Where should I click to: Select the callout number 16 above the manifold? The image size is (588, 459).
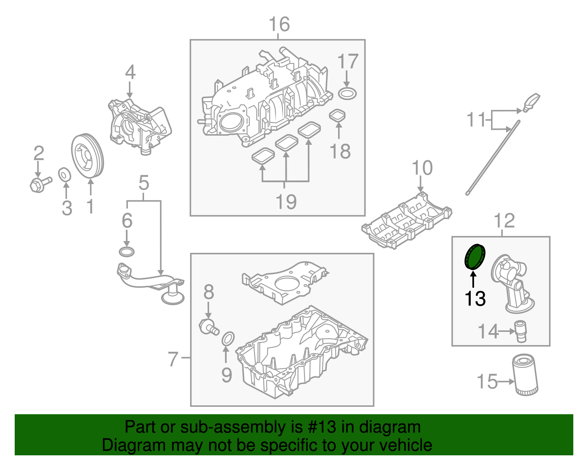[279, 25]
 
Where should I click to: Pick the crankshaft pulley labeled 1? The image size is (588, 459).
[87, 157]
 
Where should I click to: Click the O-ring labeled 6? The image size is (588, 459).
[127, 252]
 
